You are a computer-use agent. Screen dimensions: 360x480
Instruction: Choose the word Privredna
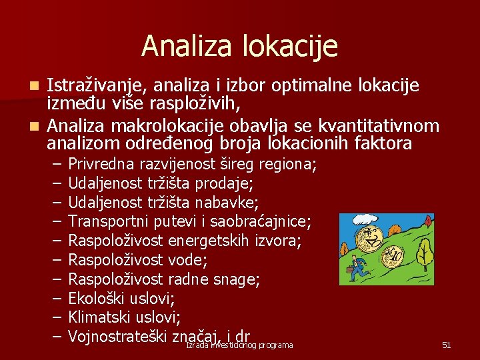101,164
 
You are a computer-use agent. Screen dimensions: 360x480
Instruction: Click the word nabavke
231,202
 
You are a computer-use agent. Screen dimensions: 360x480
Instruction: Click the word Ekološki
97,298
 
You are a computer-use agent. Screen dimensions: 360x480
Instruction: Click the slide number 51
447,345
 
